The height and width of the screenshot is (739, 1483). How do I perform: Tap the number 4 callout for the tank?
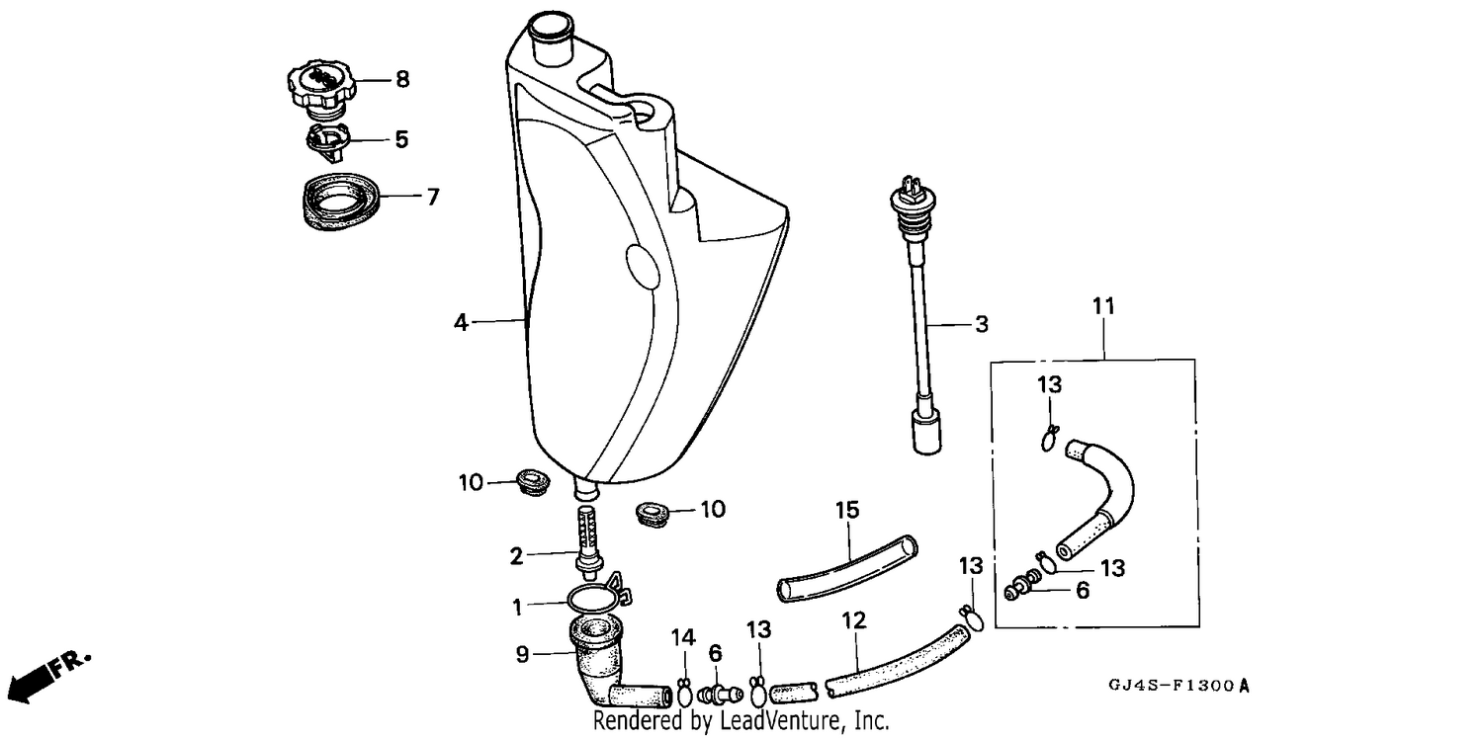[461, 322]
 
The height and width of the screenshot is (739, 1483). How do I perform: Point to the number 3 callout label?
[982, 324]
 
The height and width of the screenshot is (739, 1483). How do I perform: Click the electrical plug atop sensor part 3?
[912, 186]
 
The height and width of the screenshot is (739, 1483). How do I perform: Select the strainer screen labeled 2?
[588, 539]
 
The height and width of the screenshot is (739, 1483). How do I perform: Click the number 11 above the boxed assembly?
[1103, 306]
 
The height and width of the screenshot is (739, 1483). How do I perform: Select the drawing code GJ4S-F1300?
[1179, 686]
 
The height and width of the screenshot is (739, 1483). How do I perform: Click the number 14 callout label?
[683, 637]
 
